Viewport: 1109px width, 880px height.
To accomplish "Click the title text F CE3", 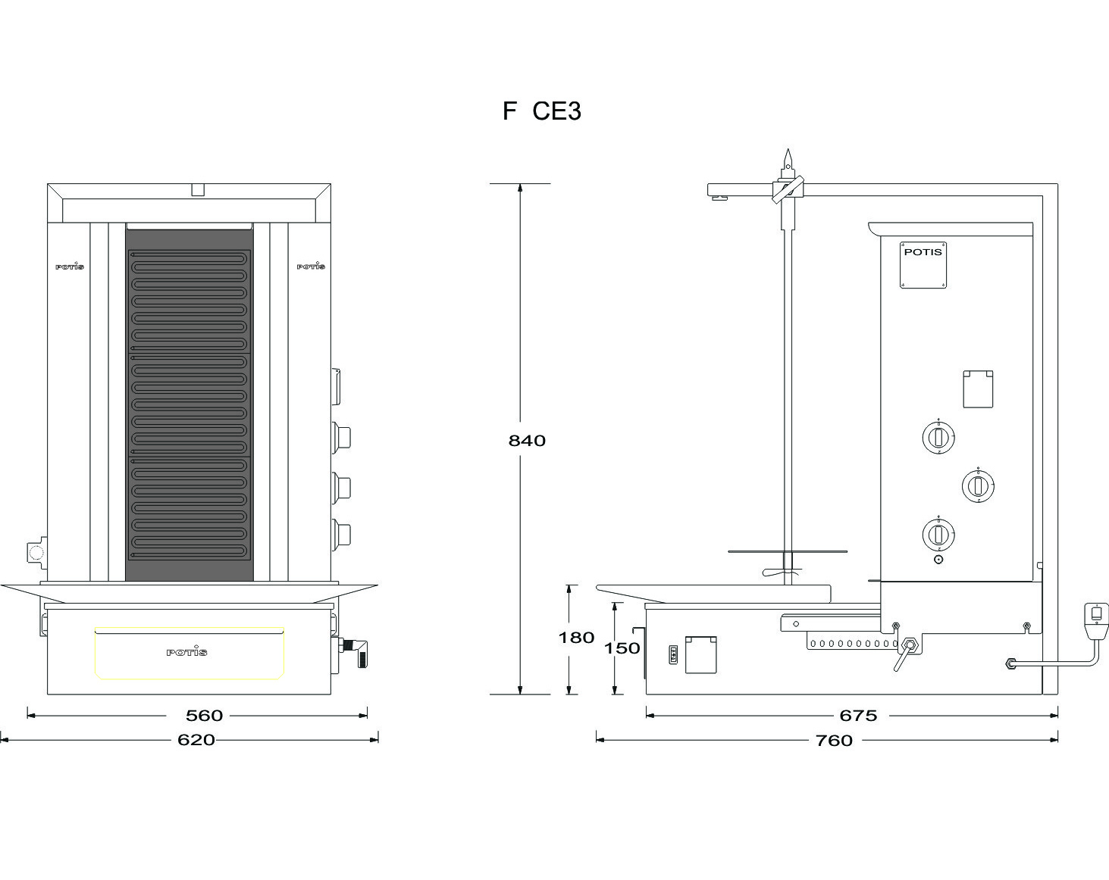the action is [542, 111].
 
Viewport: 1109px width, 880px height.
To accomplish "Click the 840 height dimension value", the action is [527, 441].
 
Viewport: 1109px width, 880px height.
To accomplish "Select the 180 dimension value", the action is [577, 638].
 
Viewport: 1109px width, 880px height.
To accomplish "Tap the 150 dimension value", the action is [622, 648].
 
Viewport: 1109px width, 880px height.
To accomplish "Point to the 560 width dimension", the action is [204, 716].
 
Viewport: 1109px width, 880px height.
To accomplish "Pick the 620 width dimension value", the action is [196, 740].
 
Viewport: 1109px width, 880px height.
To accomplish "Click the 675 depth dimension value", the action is [858, 716].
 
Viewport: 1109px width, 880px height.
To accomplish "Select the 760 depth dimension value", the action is [834, 741].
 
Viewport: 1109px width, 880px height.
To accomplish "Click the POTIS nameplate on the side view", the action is [923, 264].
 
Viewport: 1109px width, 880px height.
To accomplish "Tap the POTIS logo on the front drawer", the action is [186, 652].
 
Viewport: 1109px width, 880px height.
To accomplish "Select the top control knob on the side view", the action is [938, 437].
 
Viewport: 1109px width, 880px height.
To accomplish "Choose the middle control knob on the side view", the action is [978, 485].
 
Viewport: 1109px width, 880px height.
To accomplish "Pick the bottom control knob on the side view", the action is [938, 535].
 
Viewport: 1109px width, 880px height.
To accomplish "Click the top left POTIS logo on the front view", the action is [70, 266].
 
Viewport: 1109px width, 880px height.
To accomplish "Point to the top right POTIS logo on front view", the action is [311, 266].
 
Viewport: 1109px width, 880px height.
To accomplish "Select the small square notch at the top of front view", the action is [198, 189].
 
